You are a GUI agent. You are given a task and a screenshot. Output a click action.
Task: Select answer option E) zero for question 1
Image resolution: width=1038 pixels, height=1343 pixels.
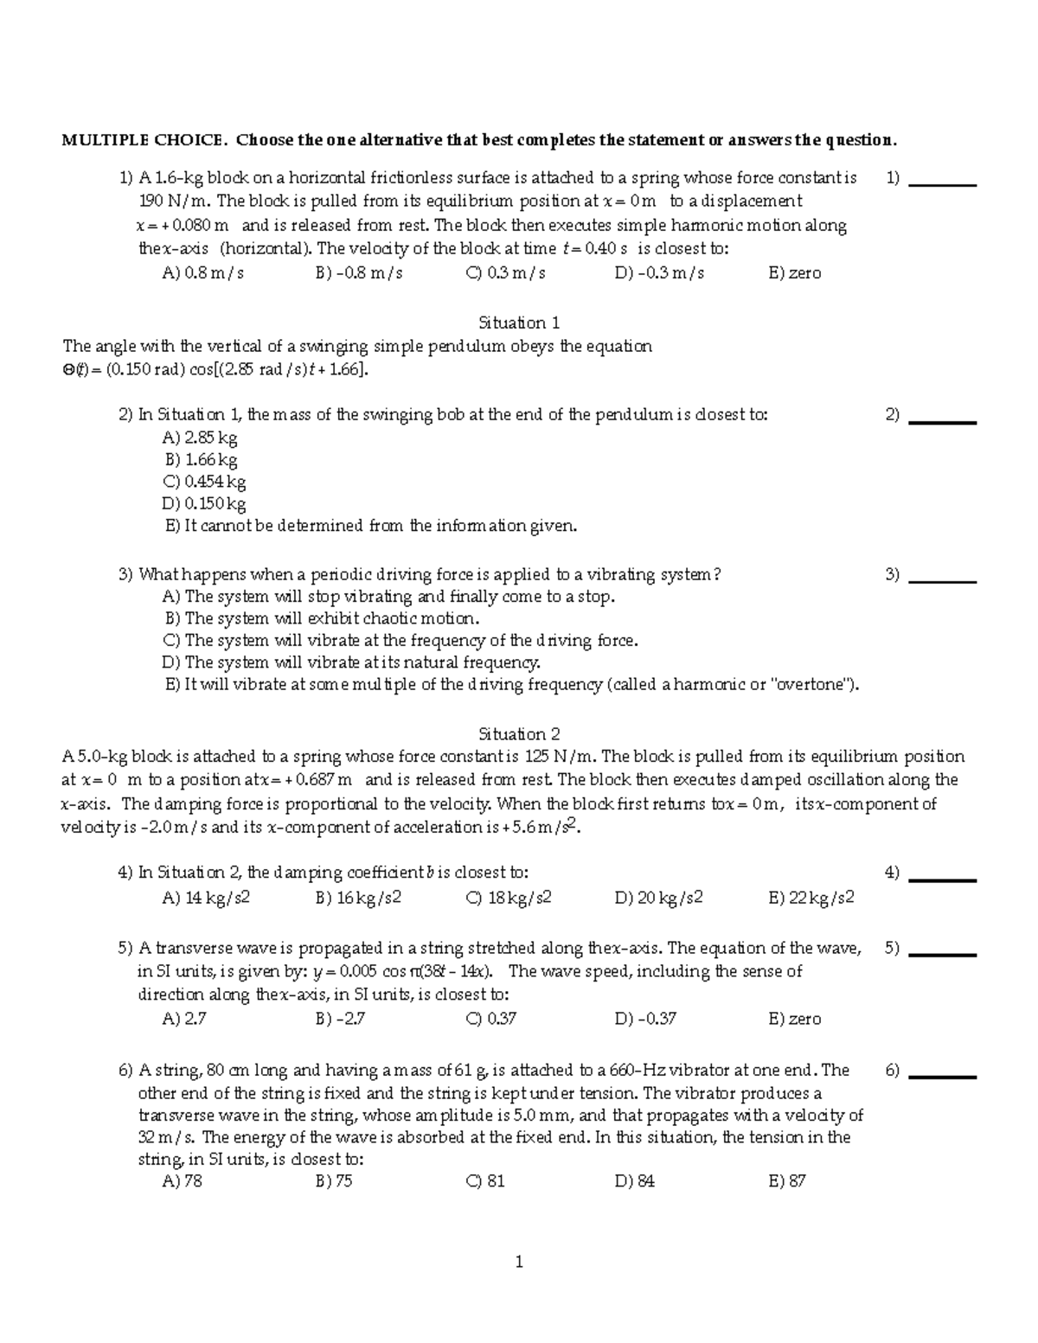(x=794, y=273)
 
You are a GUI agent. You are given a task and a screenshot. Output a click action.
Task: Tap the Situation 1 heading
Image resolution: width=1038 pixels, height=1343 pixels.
(x=519, y=323)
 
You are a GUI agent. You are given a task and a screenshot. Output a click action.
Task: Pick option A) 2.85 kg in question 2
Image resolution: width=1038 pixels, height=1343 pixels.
(x=200, y=438)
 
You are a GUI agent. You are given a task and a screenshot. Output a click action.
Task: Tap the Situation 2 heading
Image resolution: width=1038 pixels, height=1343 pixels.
(x=519, y=734)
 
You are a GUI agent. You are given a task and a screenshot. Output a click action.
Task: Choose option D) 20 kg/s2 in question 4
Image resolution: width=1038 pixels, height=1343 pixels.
(x=658, y=898)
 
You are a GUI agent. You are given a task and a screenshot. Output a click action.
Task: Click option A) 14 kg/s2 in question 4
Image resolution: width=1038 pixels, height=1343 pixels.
(x=206, y=898)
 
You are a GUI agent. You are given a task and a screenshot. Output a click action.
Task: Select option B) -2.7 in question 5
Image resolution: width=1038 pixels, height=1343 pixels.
(x=340, y=1019)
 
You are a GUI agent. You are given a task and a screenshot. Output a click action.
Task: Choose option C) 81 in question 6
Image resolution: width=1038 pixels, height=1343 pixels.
(x=484, y=1181)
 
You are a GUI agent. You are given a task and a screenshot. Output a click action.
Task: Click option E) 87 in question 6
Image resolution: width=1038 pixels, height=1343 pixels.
(x=786, y=1181)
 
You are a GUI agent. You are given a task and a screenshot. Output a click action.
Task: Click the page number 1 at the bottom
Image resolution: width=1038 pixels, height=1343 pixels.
(x=519, y=1263)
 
